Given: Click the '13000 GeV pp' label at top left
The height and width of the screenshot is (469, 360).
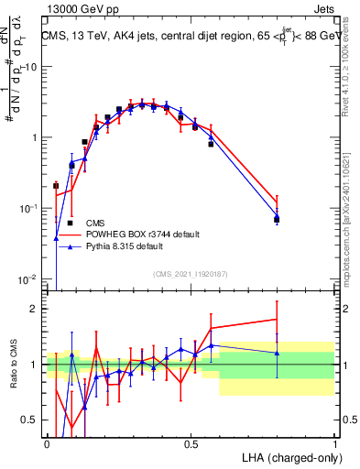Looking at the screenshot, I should (80, 8).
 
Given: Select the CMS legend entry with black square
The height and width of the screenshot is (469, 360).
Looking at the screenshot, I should (94, 223).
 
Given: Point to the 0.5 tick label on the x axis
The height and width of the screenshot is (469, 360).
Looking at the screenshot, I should (191, 442).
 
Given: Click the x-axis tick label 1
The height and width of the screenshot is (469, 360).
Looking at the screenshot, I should (334, 442).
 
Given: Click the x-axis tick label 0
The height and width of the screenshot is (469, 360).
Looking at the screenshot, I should (47, 442).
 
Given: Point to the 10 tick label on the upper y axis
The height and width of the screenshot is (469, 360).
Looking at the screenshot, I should (31, 67).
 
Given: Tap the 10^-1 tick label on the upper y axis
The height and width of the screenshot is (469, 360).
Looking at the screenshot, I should (29, 208).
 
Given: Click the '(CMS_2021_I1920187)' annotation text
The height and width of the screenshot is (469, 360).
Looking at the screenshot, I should (191, 274).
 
